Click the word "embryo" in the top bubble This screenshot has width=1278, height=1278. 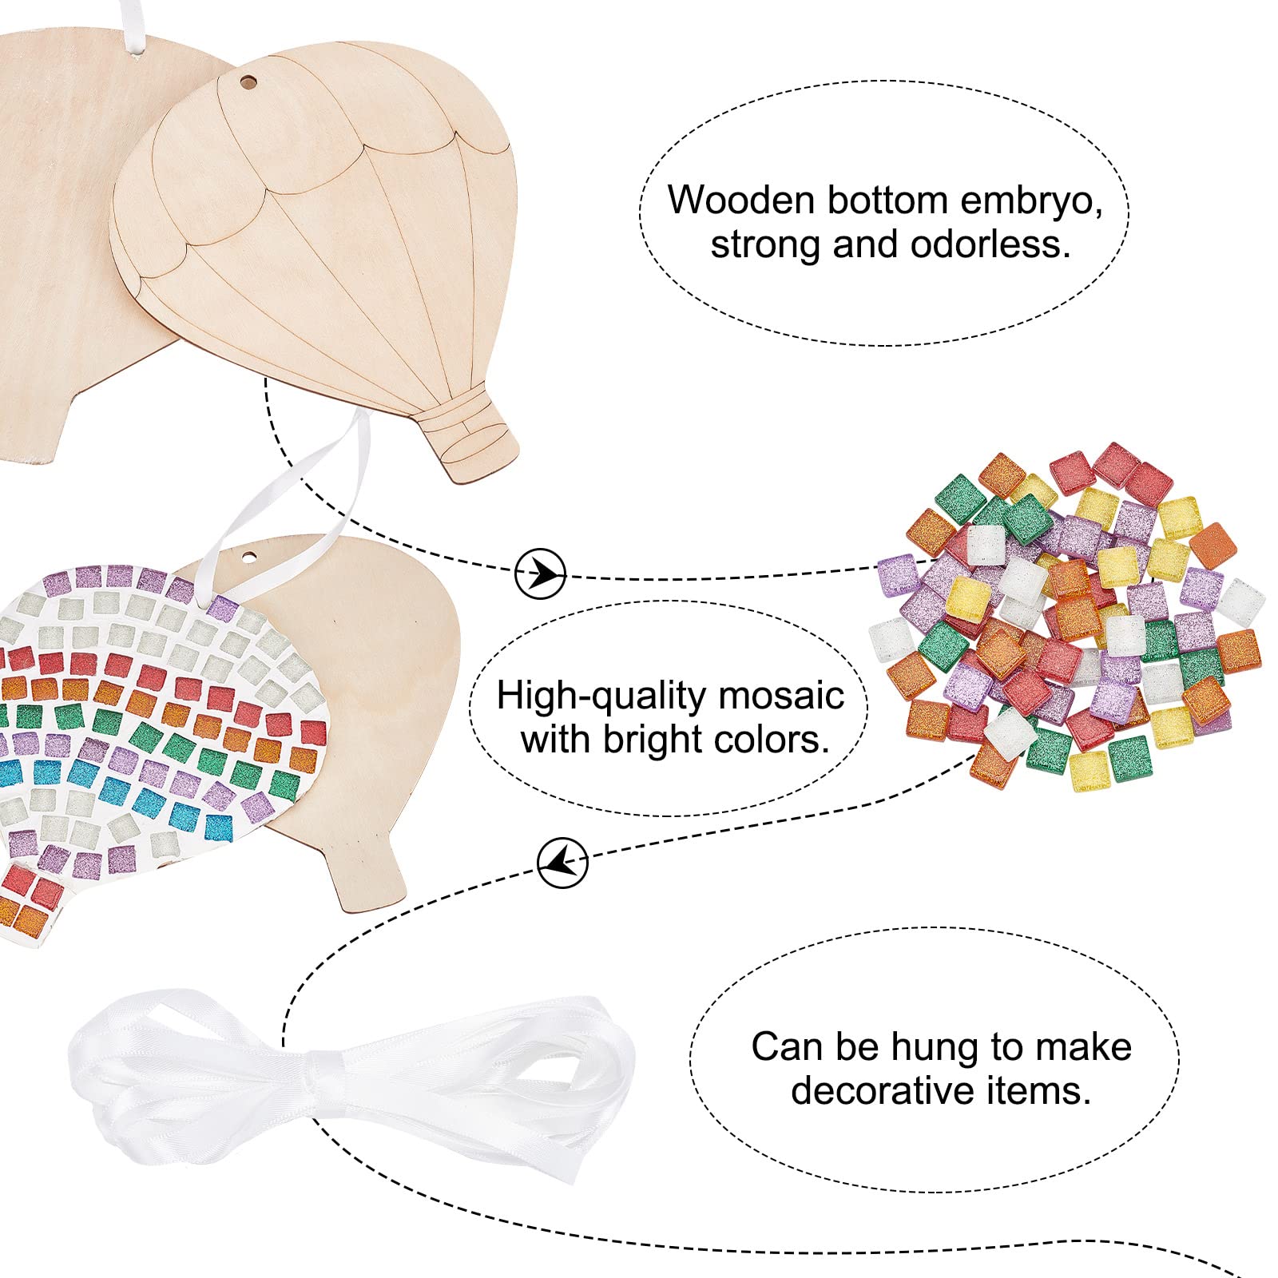tap(1031, 200)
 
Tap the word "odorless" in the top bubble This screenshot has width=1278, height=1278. tap(990, 244)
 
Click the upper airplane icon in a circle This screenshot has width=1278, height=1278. tap(540, 573)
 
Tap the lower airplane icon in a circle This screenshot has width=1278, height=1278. tap(562, 863)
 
